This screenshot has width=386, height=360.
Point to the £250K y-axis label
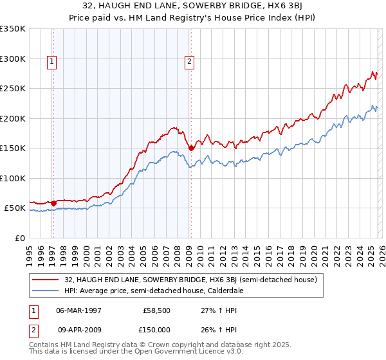13,89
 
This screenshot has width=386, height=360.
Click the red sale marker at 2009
191,148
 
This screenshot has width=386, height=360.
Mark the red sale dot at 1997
53,203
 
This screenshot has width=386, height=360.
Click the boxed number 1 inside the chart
51,62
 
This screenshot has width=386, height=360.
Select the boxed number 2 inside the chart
190,62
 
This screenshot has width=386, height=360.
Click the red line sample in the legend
46,280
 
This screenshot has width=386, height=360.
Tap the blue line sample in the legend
46,291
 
